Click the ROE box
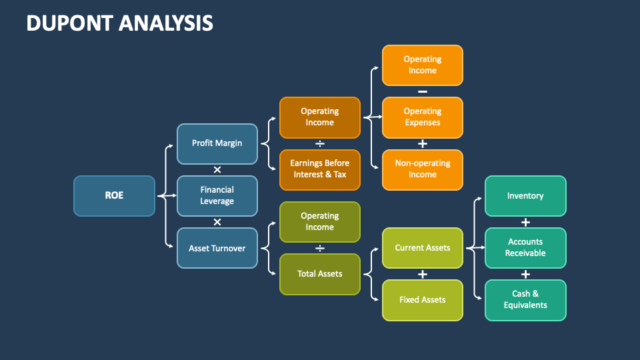pyautogui.click(x=114, y=196)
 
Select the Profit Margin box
pyautogui.click(x=217, y=143)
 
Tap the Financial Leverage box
pyautogui.click(x=217, y=196)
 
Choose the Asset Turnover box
pyautogui.click(x=217, y=248)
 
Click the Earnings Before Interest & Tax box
pyautogui.click(x=319, y=169)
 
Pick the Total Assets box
pyautogui.click(x=319, y=274)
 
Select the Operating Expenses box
pyautogui.click(x=422, y=117)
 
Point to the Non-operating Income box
pyautogui.click(x=422, y=169)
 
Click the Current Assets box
pyautogui.click(x=422, y=248)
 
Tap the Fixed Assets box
pyautogui.click(x=422, y=300)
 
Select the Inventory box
pyautogui.click(x=525, y=196)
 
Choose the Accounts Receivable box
pyautogui.click(x=525, y=248)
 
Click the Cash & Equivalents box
pyautogui.click(x=525, y=300)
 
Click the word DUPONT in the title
pyautogui.click(x=69, y=23)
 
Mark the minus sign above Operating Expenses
pyautogui.click(x=422, y=91)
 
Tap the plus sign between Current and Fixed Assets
pyautogui.click(x=422, y=274)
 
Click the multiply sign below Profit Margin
pyautogui.click(x=217, y=169)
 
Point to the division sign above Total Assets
pyautogui.click(x=319, y=248)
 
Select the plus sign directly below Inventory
pyautogui.click(x=525, y=222)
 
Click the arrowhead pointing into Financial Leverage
pyautogui.click(x=174, y=196)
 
